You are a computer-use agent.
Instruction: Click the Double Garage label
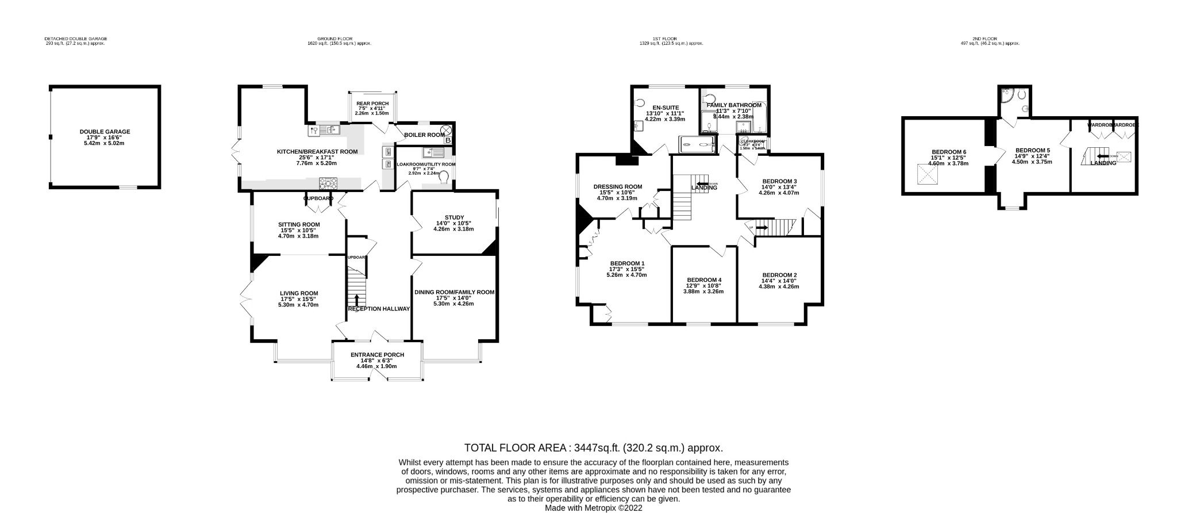(x=105, y=132)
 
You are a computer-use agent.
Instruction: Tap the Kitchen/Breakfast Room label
(x=317, y=152)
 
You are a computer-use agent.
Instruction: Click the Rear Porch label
(x=372, y=104)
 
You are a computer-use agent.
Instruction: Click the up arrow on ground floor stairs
(x=357, y=300)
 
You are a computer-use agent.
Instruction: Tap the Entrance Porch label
(x=377, y=355)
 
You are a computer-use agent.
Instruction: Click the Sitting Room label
(x=299, y=224)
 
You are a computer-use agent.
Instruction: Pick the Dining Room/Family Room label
(x=454, y=292)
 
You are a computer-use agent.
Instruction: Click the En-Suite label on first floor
(x=666, y=108)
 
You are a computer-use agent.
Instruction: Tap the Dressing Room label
(x=617, y=186)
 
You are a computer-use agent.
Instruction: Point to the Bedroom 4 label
(x=703, y=280)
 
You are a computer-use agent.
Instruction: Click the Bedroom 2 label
(x=779, y=275)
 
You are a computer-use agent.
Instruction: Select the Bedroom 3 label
(x=779, y=181)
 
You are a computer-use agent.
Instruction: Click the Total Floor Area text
(x=593, y=448)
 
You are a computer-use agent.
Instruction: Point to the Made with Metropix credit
(x=593, y=508)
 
